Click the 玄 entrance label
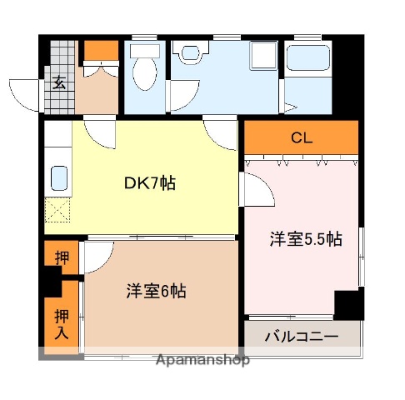tap(61, 82)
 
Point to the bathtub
tap(309, 75)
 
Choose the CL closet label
tap(301, 138)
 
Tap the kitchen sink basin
tap(59, 178)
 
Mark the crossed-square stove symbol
tap(58, 209)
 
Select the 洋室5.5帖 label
tap(305, 240)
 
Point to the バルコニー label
tap(301, 337)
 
